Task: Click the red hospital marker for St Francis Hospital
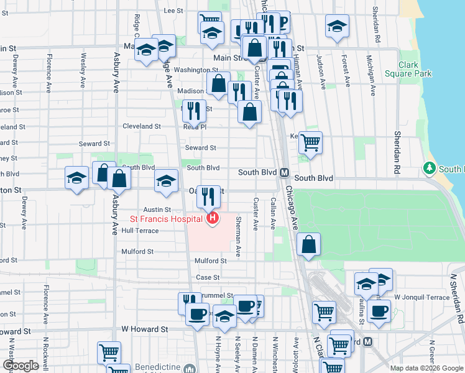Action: click(213, 218)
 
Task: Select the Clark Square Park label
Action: click(415, 69)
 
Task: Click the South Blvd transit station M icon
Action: click(284, 172)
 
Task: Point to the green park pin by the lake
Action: click(429, 168)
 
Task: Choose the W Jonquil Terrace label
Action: click(421, 297)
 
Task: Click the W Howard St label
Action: click(144, 328)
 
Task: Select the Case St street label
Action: click(208, 277)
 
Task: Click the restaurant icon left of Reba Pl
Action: click(194, 111)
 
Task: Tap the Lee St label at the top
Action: click(173, 11)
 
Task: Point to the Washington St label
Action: click(193, 70)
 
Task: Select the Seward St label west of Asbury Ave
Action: click(94, 144)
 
